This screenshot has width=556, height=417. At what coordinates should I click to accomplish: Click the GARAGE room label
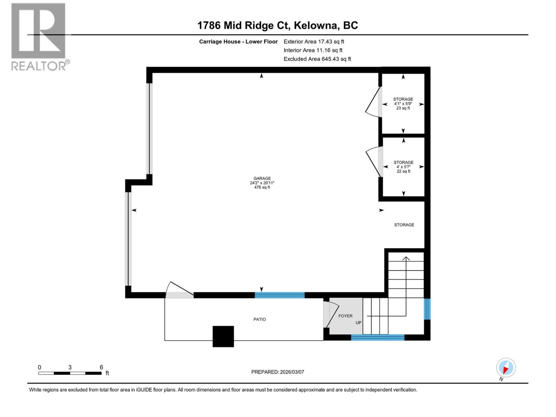click(x=262, y=178)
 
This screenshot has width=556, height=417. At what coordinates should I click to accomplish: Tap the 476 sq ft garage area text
click(x=262, y=187)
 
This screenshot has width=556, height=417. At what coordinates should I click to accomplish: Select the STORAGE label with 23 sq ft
click(x=403, y=99)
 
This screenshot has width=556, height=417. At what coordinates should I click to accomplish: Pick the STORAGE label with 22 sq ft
click(x=403, y=162)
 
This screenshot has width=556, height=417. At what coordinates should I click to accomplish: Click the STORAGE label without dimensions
click(x=404, y=225)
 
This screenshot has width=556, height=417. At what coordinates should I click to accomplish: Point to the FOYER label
click(x=345, y=316)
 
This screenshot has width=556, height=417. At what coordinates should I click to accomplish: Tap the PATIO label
click(x=260, y=319)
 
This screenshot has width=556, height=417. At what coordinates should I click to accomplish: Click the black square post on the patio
click(x=223, y=336)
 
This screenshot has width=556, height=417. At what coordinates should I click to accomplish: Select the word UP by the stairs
click(x=358, y=322)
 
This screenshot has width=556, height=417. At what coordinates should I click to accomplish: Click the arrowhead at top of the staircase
click(x=406, y=258)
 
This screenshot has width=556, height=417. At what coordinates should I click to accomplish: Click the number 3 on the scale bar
click(x=70, y=367)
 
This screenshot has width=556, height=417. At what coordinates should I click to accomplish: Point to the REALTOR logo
click(x=39, y=36)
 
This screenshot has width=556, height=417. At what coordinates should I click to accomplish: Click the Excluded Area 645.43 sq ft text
click(x=317, y=59)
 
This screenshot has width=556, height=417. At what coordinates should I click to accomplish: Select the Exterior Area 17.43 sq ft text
click(x=314, y=41)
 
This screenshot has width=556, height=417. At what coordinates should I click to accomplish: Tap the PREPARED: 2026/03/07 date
click(x=278, y=372)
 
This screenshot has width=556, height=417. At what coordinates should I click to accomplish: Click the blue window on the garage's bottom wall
click(x=280, y=295)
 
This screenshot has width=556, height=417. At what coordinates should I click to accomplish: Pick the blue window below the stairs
click(x=378, y=337)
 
